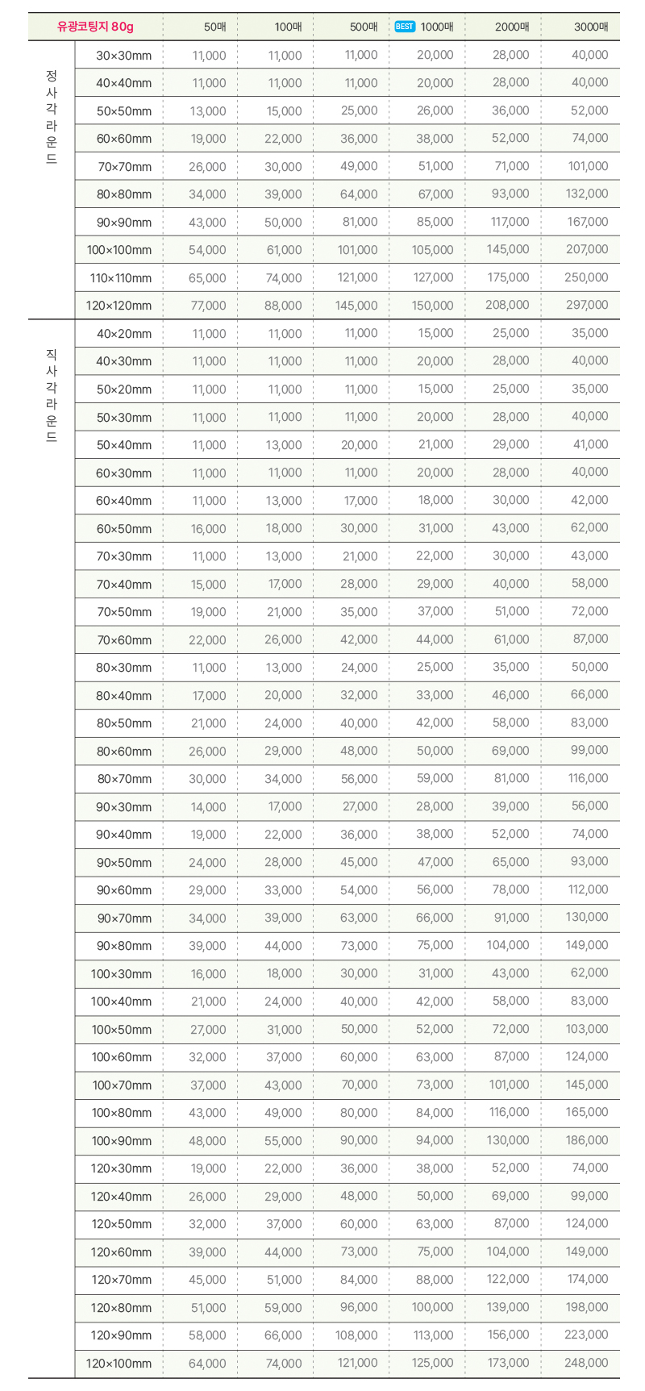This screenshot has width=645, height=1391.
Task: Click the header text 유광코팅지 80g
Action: coord(95,27)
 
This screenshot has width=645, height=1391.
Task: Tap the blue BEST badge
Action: coord(405,27)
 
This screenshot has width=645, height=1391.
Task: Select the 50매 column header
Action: coord(214,27)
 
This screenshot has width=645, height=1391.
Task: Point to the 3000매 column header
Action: coord(591,27)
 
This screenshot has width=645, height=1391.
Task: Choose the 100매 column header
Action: coord(288,27)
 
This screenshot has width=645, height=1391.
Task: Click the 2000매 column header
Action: coord(512,27)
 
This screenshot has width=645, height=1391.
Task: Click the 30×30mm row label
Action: coord(123,56)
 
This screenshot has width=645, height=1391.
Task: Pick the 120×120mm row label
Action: coord(119,306)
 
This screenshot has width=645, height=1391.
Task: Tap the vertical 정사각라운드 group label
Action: coord(52,117)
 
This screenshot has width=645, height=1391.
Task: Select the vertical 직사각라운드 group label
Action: coord(52,395)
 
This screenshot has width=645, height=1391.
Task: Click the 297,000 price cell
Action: coord(587,305)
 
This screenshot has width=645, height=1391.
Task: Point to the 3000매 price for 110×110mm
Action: coord(587,277)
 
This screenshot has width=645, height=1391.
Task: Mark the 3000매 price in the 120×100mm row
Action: coord(587,1363)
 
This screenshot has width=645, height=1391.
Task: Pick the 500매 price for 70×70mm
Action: coord(359,166)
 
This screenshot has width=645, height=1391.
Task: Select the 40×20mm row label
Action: coord(123,334)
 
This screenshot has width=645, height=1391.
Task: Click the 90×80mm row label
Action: coord(123,946)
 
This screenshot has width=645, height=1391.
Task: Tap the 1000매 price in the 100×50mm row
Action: coord(435,1029)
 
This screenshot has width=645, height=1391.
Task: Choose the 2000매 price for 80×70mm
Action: coord(511,778)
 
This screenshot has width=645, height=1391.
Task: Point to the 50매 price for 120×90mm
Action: coord(207,1335)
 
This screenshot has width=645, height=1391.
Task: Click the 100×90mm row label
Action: coord(121,1141)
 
